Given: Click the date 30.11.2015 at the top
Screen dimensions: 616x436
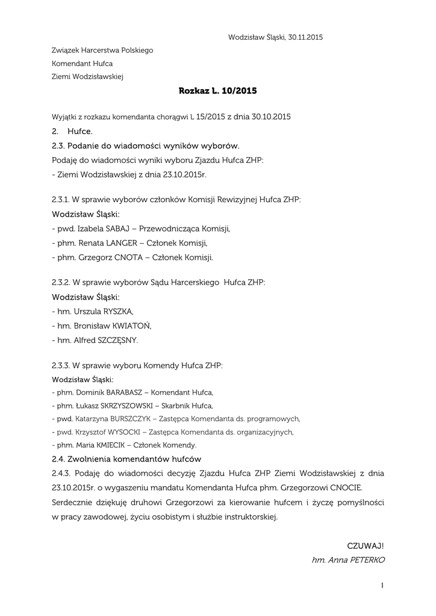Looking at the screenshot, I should point(304,37).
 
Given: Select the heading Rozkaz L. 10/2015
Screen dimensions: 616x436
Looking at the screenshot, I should point(218,91).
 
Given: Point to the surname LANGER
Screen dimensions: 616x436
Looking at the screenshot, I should point(125,243).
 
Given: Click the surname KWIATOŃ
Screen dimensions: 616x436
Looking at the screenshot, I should point(130,326).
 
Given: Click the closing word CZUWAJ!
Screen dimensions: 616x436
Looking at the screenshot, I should point(365,546).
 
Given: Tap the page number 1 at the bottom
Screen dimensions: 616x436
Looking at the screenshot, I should point(382,585).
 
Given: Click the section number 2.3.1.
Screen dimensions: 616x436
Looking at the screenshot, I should point(61,199).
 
